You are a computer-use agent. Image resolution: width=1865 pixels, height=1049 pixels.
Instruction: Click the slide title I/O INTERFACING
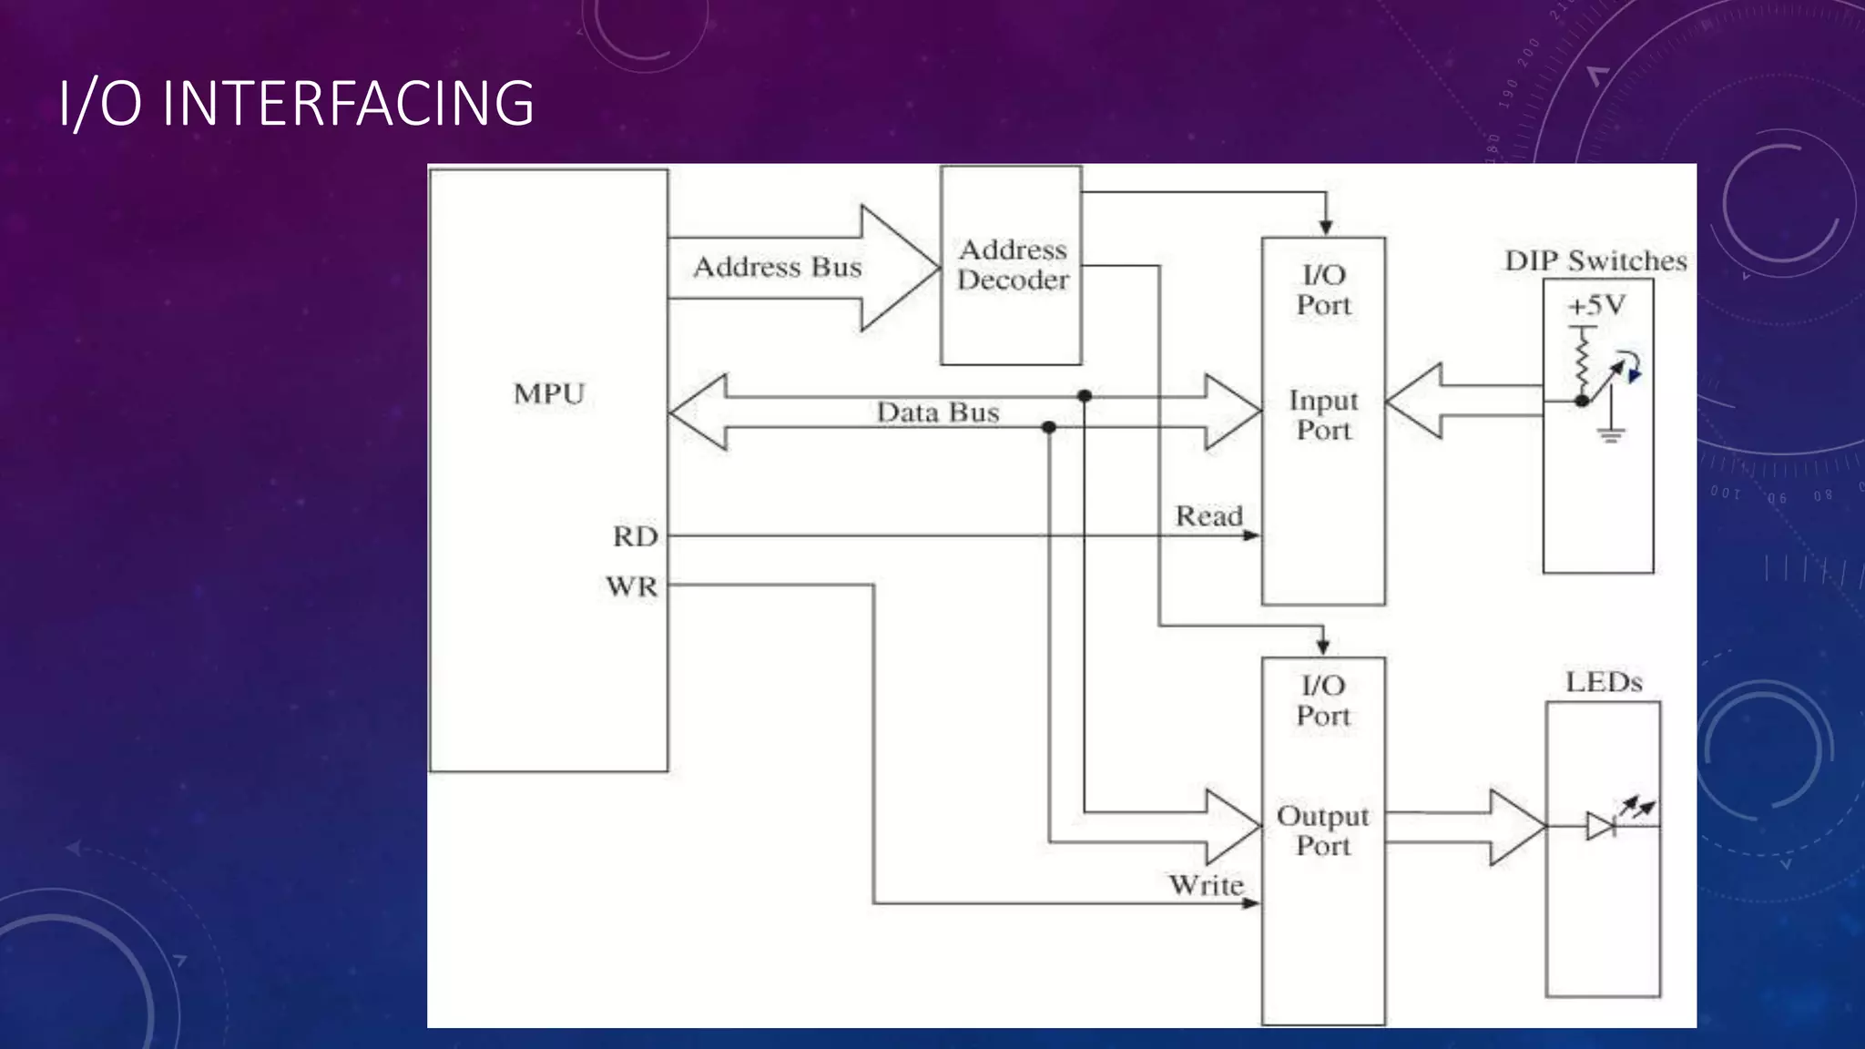click(296, 103)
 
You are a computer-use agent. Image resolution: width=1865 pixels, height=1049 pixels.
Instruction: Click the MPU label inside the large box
click(549, 394)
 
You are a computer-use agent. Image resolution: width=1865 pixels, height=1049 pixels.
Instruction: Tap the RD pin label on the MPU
click(635, 537)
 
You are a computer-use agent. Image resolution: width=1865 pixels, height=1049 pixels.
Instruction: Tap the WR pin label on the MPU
click(632, 586)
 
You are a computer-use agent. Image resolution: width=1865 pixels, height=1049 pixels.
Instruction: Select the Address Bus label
click(777, 268)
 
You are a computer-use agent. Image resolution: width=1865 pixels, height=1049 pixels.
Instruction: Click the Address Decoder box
click(1011, 266)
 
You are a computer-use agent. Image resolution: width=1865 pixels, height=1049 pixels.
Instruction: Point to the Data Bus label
click(937, 413)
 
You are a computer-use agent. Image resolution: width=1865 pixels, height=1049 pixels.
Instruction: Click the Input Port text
click(1323, 415)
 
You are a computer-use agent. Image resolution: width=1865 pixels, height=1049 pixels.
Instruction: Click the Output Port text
click(1323, 830)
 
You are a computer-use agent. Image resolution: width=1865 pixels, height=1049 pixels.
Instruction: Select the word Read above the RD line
click(1208, 516)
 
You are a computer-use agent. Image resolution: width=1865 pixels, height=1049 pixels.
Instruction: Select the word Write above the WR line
click(1206, 885)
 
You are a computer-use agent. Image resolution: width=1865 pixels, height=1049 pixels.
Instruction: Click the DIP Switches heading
click(1595, 261)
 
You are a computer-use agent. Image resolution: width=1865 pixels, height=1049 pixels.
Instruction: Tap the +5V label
click(1595, 305)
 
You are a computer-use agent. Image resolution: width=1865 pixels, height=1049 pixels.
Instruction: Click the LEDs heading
click(1604, 683)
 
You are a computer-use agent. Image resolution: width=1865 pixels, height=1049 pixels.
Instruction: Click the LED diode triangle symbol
click(1600, 826)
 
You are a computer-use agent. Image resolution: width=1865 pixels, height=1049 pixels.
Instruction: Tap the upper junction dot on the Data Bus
click(1085, 396)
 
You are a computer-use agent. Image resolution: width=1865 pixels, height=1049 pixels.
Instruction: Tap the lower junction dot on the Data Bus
click(1049, 427)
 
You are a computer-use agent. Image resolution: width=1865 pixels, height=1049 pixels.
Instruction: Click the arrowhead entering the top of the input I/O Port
click(1326, 228)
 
